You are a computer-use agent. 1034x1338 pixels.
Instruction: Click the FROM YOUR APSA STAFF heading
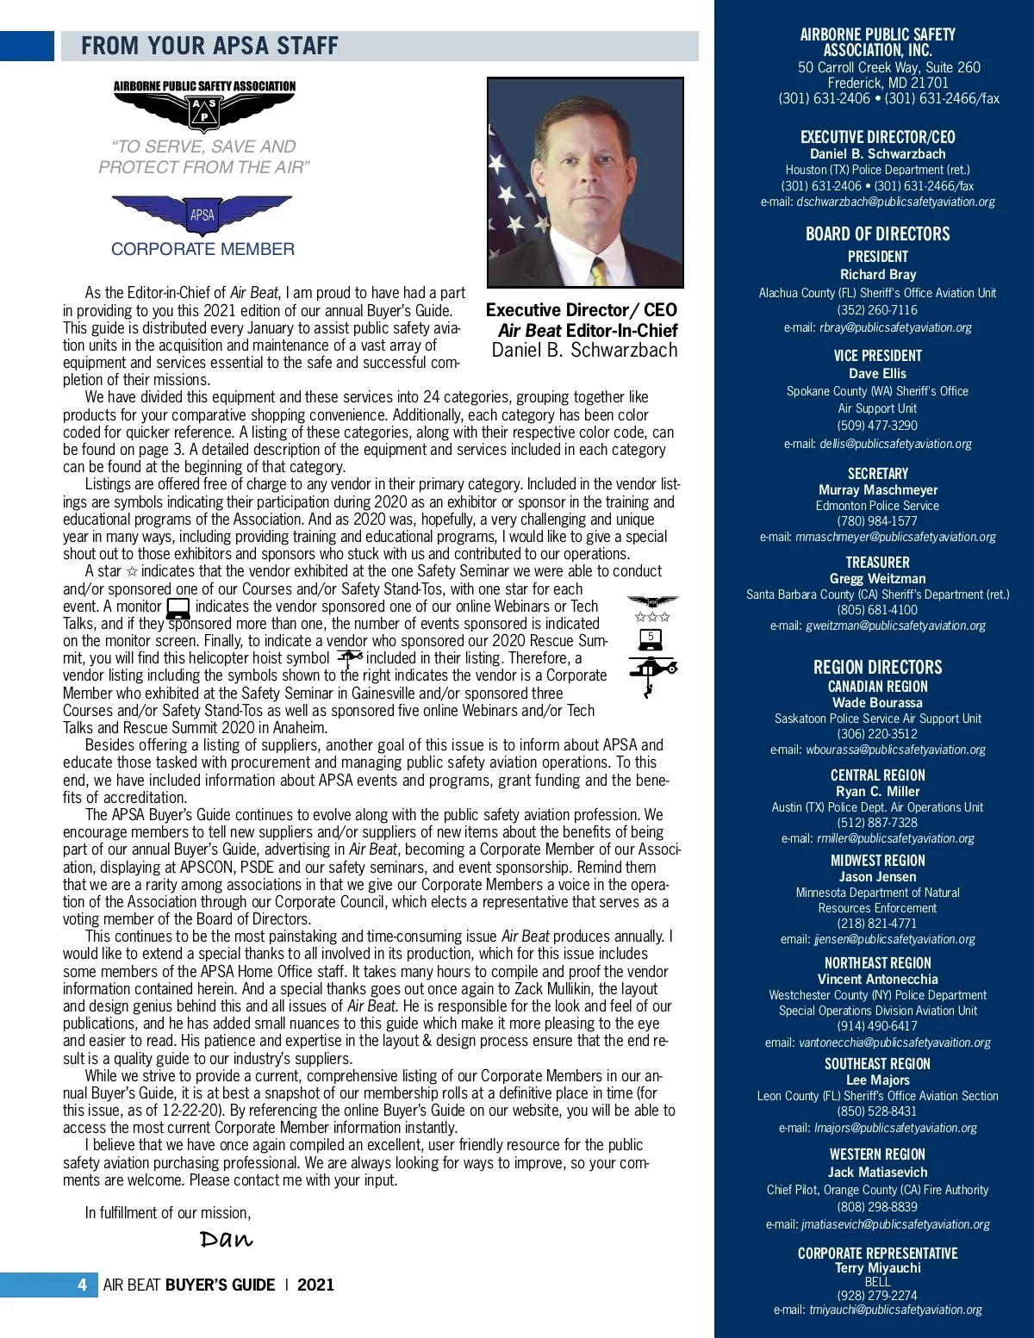click(209, 46)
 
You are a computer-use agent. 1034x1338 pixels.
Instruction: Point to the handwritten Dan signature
click(226, 1239)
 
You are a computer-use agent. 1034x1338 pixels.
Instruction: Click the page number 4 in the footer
click(82, 1285)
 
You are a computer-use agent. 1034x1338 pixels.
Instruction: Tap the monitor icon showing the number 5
click(651, 638)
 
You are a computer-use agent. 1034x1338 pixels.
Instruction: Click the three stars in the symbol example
click(652, 617)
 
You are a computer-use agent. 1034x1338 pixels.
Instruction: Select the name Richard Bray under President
click(877, 274)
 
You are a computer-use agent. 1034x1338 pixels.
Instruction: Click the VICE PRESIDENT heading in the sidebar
click(877, 355)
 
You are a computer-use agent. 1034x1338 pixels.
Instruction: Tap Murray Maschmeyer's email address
click(877, 537)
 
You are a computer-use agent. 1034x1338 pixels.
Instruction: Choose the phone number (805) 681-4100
click(877, 610)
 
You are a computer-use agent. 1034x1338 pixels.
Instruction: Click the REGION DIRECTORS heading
click(877, 667)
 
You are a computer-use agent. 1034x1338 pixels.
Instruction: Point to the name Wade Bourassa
click(877, 702)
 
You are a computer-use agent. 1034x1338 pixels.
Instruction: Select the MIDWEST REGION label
click(877, 861)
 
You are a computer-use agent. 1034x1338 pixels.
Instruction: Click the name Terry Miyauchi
click(877, 1267)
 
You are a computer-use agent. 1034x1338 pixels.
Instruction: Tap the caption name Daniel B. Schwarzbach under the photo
click(584, 351)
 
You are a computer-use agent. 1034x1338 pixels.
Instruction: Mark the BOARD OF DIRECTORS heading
click(877, 233)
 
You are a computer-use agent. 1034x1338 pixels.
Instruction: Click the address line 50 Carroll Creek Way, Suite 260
click(888, 67)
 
